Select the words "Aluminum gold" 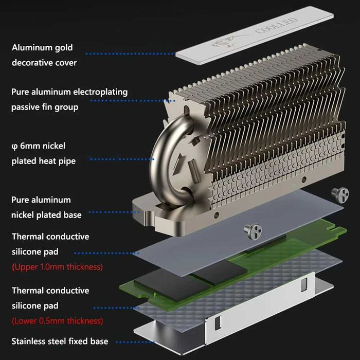(42, 47)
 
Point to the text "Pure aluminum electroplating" (69, 92)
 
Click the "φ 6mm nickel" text (39, 146)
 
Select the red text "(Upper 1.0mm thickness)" (57, 267)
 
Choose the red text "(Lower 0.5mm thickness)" (57, 321)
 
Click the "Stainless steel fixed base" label (60, 341)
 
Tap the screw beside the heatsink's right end (339, 194)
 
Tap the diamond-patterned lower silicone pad (216, 303)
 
